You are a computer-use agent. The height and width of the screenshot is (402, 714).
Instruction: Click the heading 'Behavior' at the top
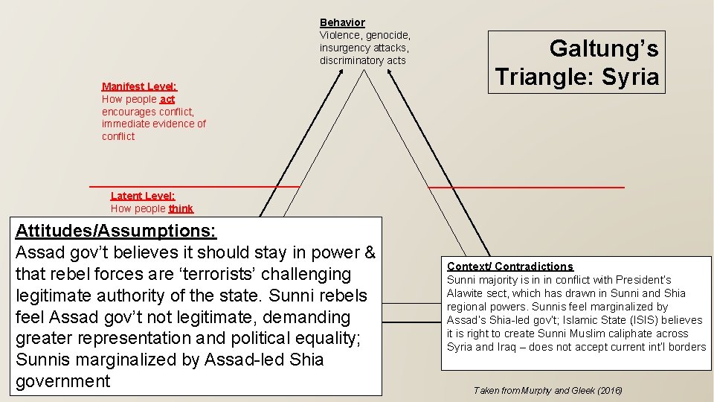click(x=342, y=23)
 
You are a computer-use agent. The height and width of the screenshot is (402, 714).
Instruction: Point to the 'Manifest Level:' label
click(x=139, y=86)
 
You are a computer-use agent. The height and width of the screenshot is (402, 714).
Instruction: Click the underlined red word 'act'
click(x=167, y=99)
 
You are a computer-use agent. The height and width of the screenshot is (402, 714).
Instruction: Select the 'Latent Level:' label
click(x=143, y=196)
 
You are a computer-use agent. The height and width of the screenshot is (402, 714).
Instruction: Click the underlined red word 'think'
click(x=181, y=208)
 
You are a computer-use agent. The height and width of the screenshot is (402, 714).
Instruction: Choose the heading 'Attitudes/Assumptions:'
click(x=116, y=230)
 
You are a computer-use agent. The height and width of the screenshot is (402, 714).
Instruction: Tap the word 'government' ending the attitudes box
click(x=62, y=381)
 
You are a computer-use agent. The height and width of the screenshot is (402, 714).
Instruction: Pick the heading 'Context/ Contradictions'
click(x=510, y=267)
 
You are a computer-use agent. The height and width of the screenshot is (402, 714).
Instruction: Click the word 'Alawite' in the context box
click(x=466, y=293)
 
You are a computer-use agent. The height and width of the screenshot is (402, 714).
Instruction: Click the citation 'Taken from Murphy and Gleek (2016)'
click(x=547, y=390)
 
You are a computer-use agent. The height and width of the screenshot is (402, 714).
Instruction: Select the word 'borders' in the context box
click(x=687, y=347)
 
